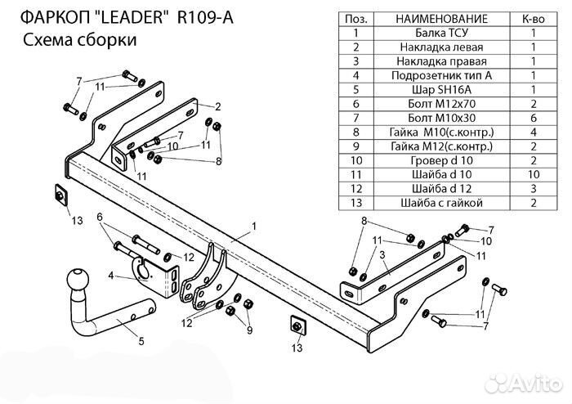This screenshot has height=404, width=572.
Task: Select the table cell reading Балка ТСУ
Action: [441, 34]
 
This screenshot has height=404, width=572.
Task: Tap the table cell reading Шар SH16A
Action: [441, 90]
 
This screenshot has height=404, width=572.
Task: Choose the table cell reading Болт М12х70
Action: [441, 104]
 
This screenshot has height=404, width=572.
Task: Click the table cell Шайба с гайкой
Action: [441, 203]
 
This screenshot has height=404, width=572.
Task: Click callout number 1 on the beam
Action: [254, 225]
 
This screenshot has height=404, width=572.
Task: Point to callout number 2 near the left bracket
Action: [219, 106]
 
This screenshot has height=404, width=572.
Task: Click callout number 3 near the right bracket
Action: [382, 256]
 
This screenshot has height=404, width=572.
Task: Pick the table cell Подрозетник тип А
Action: [441, 76]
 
